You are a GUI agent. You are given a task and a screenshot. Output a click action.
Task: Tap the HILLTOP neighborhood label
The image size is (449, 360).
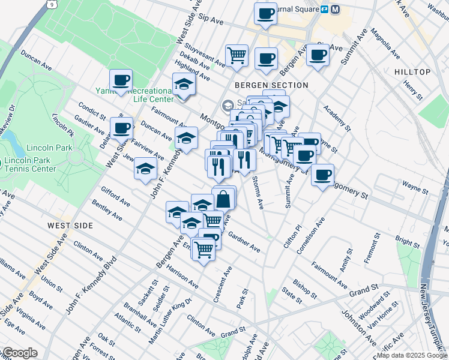(412, 72)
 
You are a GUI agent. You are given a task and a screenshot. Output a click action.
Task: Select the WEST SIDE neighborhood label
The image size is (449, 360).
(71, 226)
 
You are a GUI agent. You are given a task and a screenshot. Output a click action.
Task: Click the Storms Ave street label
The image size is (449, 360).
(258, 193)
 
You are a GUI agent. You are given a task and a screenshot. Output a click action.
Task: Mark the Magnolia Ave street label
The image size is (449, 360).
(385, 44)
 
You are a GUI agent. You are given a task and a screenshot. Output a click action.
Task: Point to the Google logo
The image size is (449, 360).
(19, 353)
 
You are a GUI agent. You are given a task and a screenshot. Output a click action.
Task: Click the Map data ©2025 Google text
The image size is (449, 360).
(411, 355)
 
